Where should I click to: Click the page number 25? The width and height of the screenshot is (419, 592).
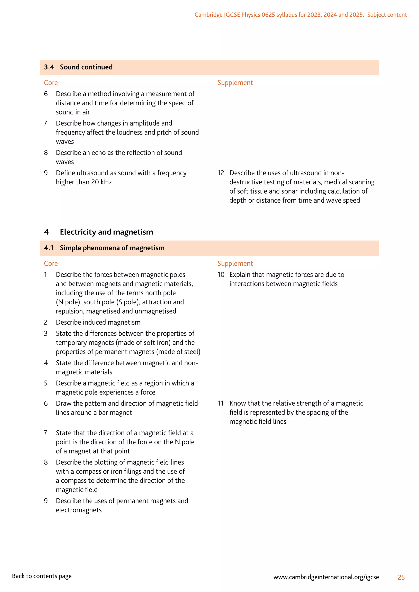pos(401,577)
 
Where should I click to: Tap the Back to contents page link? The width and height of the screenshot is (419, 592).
pos(42,576)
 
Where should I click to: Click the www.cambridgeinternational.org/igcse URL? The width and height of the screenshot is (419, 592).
pos(326,577)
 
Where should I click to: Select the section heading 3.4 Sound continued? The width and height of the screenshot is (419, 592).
pos(78,67)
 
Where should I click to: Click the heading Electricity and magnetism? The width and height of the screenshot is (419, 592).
pos(106,232)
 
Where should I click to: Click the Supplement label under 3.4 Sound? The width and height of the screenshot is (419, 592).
pos(235,83)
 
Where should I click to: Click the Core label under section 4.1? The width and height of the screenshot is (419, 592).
pos(51,263)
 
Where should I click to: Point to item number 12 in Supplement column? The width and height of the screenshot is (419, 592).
pos(221,173)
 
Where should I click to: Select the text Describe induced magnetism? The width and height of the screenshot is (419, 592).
pos(98,322)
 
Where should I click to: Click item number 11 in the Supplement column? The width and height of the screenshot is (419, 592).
pos(220,403)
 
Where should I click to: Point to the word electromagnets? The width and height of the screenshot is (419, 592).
pos(79,510)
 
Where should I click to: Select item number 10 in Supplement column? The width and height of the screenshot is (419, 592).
pos(221,275)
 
